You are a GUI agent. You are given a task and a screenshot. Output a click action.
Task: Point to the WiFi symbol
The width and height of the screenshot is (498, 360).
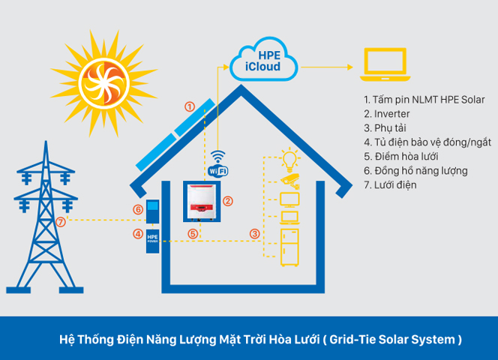[x=217, y=163]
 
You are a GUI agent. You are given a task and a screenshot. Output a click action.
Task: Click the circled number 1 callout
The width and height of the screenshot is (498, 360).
[x=190, y=106]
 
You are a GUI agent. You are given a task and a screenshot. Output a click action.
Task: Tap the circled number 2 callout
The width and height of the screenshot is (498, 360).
[x=229, y=201]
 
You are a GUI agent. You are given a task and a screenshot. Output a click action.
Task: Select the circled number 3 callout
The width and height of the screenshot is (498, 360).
[x=254, y=235]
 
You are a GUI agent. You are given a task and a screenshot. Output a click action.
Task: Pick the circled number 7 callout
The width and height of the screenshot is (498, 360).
[x=61, y=222]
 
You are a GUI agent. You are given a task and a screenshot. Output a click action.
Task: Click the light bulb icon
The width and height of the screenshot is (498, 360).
[x=289, y=158]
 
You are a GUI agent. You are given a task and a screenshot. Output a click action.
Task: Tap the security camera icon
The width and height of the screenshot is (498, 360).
[x=289, y=179]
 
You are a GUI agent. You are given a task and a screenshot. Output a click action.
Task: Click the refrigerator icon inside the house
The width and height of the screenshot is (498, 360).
[x=289, y=246]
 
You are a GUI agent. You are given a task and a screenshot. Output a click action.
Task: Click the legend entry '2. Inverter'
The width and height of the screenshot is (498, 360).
[x=387, y=114]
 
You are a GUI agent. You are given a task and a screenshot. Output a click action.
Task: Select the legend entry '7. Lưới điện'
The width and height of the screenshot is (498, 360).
[x=390, y=185]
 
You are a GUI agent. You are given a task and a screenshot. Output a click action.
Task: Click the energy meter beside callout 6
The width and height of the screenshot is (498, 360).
[x=153, y=211]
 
